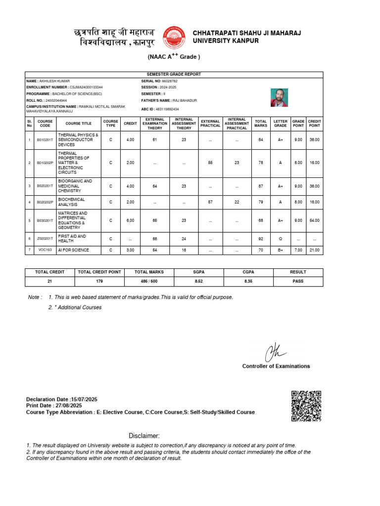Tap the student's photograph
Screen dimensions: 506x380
(x=279, y=98)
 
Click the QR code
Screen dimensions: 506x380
(x=306, y=406)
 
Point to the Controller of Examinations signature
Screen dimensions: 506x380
(x=275, y=352)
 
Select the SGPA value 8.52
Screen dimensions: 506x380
(x=198, y=281)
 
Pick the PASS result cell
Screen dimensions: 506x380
(x=298, y=281)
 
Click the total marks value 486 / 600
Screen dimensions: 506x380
(x=149, y=281)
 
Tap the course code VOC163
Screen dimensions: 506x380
(x=45, y=250)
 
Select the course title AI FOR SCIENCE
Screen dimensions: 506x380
(x=74, y=250)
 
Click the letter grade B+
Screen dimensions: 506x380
(x=280, y=250)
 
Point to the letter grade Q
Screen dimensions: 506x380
(x=280, y=239)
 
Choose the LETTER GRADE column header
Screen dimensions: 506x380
(x=280, y=123)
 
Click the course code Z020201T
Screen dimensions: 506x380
(x=45, y=239)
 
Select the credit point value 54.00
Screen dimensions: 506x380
(x=314, y=220)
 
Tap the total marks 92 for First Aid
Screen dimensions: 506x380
(x=260, y=239)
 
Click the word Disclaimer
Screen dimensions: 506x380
(x=144, y=435)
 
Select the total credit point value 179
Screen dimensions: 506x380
(x=99, y=281)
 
